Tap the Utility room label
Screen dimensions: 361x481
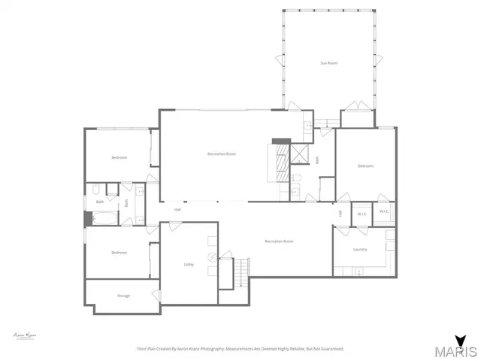(189, 264)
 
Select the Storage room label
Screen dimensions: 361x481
(123, 296)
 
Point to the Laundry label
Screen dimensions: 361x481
(360, 249)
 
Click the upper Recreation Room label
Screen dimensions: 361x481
(222, 154)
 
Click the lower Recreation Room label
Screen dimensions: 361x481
(278, 241)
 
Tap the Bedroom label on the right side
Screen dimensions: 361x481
(365, 165)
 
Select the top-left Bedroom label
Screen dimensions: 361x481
(119, 157)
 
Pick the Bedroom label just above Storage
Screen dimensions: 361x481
(119, 252)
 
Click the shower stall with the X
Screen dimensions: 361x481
(300, 154)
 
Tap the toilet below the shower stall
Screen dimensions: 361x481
(296, 177)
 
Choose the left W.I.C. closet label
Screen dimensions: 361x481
(362, 214)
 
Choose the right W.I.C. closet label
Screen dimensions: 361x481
(383, 211)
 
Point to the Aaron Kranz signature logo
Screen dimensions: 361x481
(26, 335)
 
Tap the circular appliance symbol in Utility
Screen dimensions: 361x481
(213, 257)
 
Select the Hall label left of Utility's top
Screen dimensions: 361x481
(177, 209)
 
